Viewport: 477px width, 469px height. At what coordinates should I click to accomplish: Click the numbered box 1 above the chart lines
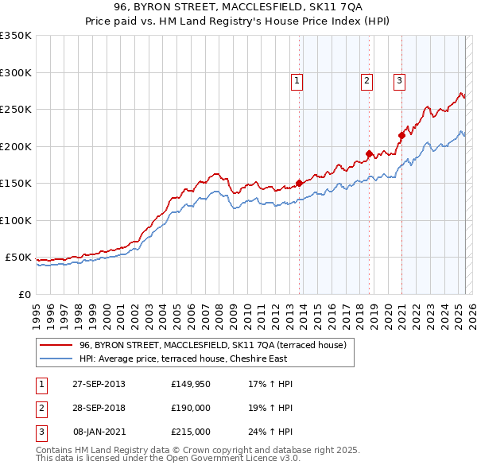click(297, 79)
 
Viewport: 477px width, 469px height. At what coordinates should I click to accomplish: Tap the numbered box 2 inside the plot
click(366, 79)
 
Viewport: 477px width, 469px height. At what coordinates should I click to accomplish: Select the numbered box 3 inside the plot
click(399, 79)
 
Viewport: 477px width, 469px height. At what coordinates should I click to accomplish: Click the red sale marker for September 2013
click(300, 183)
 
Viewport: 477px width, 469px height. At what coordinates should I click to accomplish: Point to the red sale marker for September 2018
click(370, 153)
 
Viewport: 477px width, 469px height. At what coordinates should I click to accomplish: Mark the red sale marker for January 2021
click(401, 135)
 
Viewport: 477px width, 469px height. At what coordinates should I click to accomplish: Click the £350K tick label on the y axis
click(16, 36)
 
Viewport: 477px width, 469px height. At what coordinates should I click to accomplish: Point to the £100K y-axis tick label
click(16, 220)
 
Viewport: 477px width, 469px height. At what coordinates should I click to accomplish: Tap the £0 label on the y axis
click(24, 294)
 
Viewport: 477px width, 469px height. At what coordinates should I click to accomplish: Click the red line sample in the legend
click(56, 346)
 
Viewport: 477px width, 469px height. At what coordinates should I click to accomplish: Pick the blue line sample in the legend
click(56, 359)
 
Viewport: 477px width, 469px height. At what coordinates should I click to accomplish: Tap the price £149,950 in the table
click(190, 384)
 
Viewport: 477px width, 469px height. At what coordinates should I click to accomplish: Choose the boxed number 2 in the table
click(41, 408)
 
